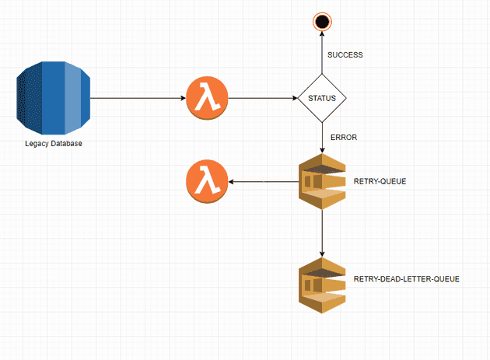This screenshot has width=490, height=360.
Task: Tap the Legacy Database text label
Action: [54, 144]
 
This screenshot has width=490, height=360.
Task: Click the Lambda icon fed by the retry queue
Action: [207, 183]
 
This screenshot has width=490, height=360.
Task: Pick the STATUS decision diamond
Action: [322, 99]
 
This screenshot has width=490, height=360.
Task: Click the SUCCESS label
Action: [345, 55]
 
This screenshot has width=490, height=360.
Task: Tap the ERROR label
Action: [343, 137]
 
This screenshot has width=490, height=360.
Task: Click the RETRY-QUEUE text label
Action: [380, 180]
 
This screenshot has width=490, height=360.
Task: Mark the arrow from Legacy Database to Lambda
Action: [138, 99]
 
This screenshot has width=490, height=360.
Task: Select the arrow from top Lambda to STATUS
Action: [264, 99]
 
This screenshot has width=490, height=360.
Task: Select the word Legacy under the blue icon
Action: [37, 144]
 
